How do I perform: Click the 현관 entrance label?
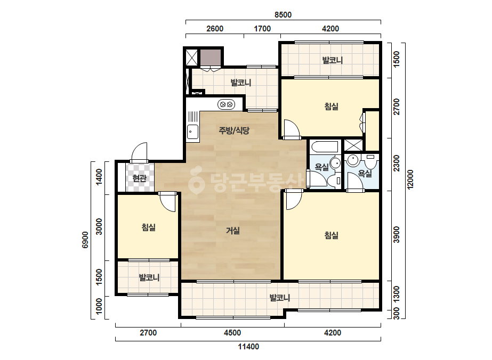click(x=139, y=178)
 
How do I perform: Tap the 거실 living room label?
click(x=233, y=231)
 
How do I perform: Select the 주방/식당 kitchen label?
click(x=234, y=130)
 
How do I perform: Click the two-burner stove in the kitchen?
click(x=226, y=104)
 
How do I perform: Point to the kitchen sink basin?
click(x=192, y=132)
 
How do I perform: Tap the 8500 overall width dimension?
click(x=283, y=15)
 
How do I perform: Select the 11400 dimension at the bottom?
click(x=248, y=347)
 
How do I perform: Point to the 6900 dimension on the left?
click(x=85, y=240)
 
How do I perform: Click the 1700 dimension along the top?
click(x=262, y=29)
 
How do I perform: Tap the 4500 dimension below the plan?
click(x=232, y=333)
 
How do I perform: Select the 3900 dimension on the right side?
click(x=397, y=234)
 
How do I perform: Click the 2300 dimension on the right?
click(x=397, y=163)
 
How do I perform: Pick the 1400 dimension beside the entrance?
click(x=99, y=177)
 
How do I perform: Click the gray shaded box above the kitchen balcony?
click(x=211, y=58)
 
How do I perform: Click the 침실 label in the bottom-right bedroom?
click(x=332, y=235)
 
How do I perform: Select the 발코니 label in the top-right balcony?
click(x=333, y=60)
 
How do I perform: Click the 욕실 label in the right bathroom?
click(x=365, y=174)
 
